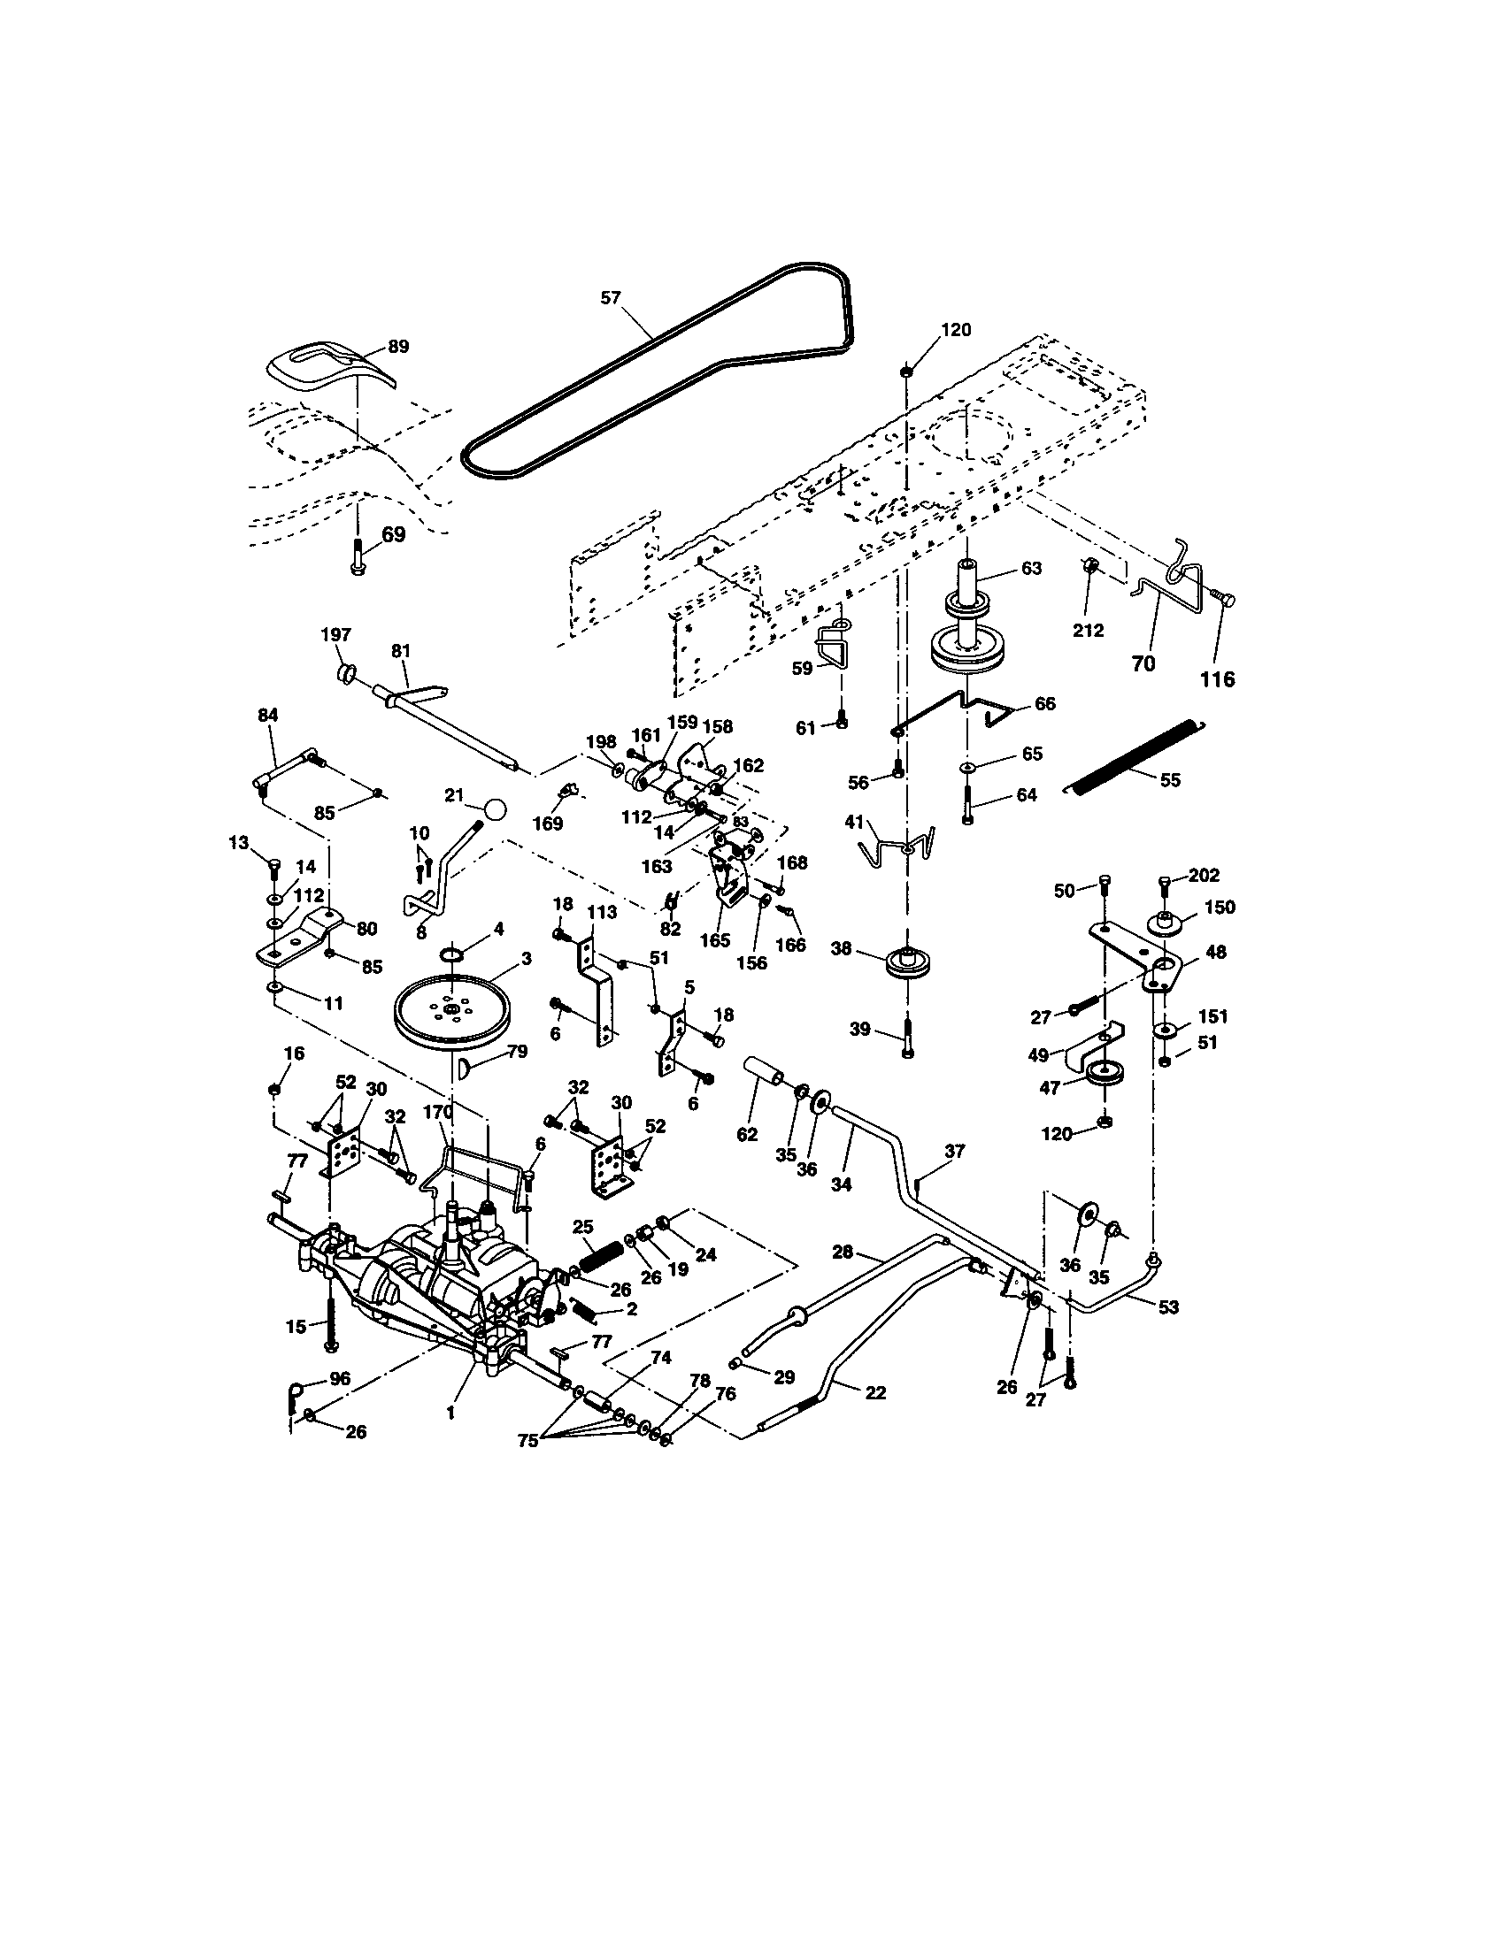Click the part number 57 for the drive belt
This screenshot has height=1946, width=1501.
[x=610, y=298]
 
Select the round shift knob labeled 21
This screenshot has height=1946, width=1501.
[x=495, y=810]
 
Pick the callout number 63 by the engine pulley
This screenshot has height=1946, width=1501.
[x=1030, y=569]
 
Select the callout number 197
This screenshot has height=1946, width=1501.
[x=335, y=635]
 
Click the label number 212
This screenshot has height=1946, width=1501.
[x=1088, y=631]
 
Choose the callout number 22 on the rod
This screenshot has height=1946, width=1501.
[x=875, y=1391]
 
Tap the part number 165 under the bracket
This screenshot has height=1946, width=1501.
[x=715, y=940]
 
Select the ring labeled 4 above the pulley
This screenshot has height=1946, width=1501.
[x=454, y=956]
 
